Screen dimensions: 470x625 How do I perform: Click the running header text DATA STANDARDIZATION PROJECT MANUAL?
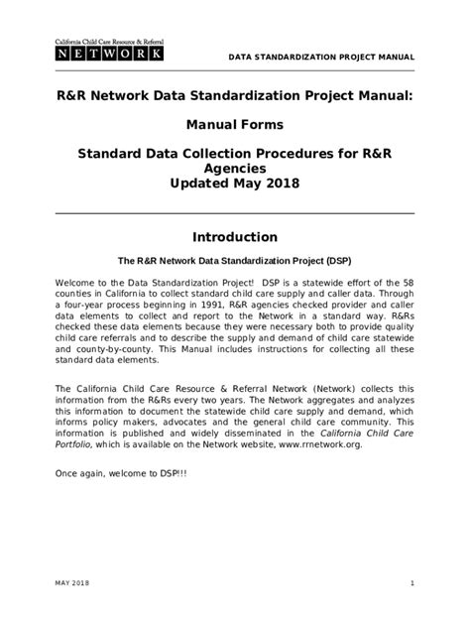(320, 57)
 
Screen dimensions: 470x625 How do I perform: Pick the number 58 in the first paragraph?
(408, 285)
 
